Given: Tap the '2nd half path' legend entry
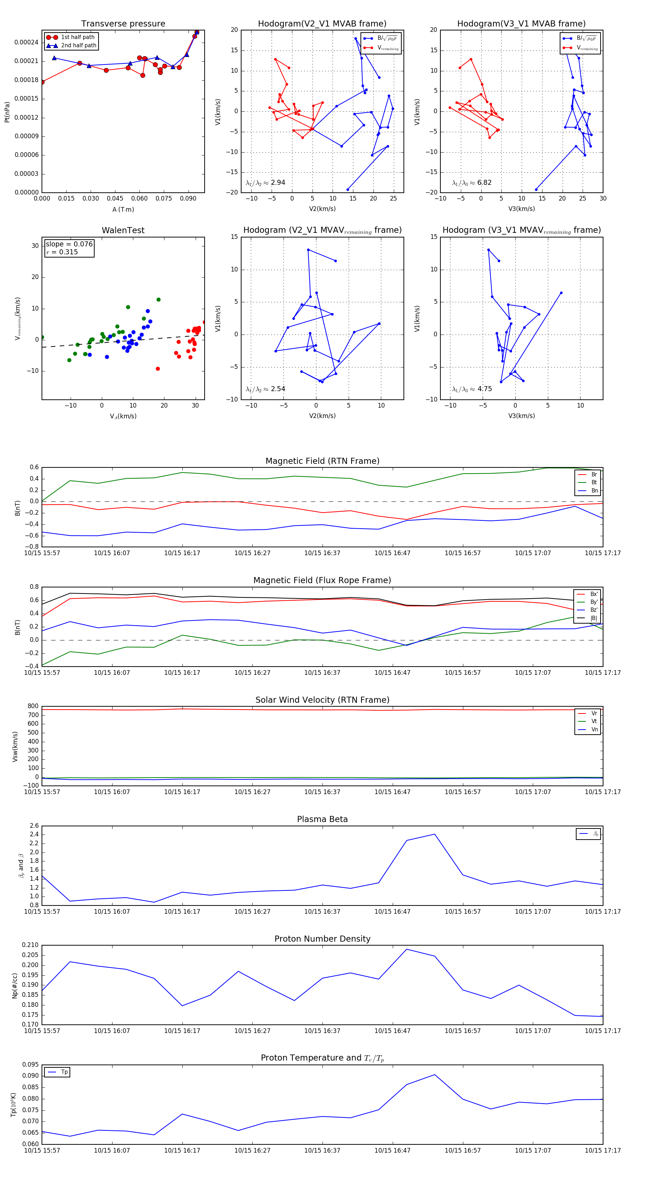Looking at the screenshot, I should [78, 45].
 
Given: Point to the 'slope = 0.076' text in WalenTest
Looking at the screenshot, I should [69, 244].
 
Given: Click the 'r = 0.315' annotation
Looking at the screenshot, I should [62, 252].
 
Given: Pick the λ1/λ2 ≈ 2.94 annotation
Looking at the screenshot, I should [265, 183].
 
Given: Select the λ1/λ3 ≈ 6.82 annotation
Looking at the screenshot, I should [472, 183].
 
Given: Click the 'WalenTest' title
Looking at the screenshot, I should [123, 230].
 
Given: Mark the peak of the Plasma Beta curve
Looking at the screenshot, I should [434, 834].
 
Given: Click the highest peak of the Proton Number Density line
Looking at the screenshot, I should [407, 949].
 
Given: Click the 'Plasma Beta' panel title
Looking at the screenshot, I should [322, 819].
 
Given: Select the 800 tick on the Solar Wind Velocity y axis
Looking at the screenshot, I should [33, 706].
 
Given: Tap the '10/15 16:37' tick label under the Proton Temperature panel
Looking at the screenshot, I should [322, 1150].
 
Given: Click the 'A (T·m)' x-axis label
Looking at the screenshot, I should [123, 209].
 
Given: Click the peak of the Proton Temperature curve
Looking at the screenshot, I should [434, 1075].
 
